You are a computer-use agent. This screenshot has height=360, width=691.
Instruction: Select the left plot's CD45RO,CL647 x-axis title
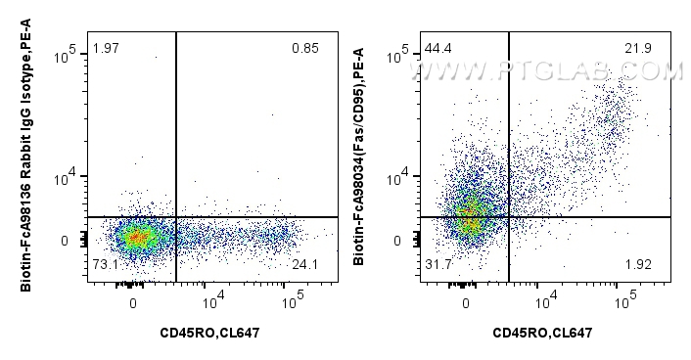(x=210, y=334)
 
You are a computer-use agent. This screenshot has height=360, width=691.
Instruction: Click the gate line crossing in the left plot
(x=175, y=216)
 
